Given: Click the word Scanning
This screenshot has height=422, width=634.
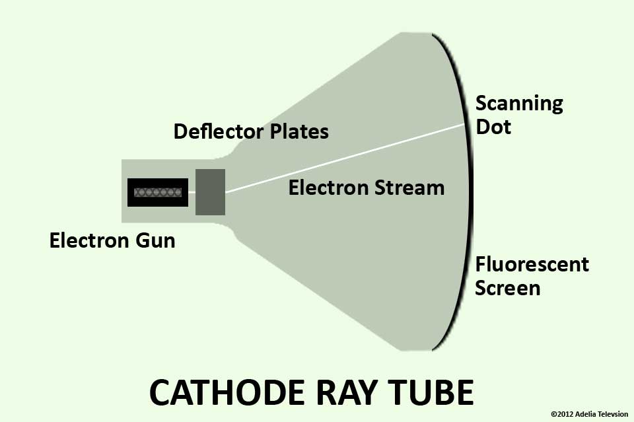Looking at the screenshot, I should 519,104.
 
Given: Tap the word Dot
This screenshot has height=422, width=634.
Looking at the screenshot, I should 493,126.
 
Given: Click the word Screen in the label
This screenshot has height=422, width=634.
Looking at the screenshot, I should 508,288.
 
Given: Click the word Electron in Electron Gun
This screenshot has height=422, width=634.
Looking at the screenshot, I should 87,240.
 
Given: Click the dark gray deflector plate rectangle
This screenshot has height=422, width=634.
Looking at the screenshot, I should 211,192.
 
